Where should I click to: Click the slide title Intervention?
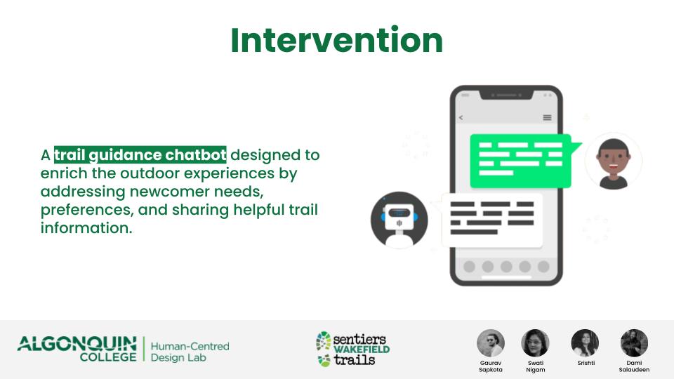336,41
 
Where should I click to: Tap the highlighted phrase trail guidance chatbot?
140,154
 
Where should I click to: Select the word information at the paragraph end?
86,228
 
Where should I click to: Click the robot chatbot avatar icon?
399,220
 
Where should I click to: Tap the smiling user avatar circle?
614,161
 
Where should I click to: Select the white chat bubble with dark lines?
491,220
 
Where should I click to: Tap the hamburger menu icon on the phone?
547,117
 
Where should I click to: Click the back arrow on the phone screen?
461,117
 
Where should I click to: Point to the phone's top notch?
506,95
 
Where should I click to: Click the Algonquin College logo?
77,349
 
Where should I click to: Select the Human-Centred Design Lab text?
190,352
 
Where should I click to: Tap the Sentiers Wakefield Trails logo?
353,349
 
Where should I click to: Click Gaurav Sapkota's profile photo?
491,343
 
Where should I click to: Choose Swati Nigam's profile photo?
535,343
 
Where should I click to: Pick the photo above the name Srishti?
585,343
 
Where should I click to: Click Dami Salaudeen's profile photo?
634,343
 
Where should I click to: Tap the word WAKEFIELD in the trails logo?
362,349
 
